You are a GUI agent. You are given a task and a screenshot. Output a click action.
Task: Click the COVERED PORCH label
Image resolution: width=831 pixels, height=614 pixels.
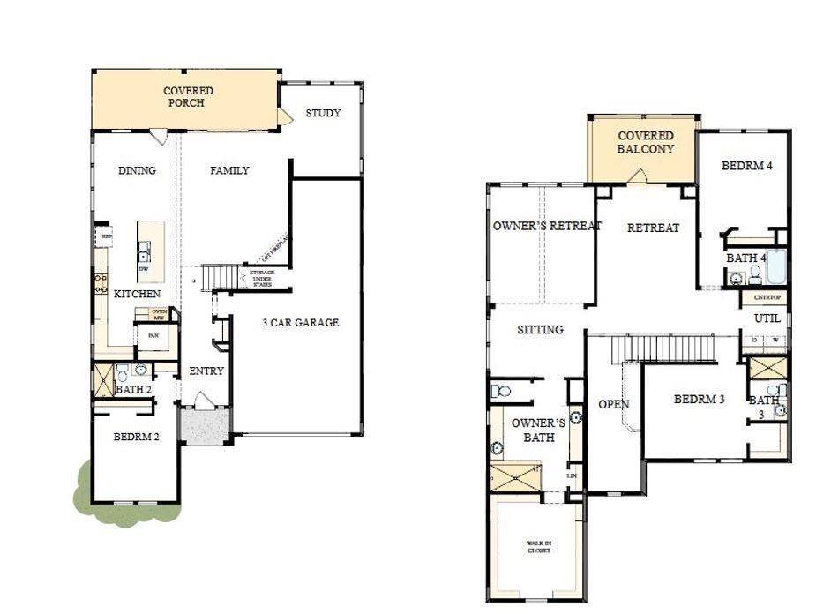pos(188,97)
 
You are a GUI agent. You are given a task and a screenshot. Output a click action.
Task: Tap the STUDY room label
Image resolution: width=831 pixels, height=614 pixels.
pos(323,114)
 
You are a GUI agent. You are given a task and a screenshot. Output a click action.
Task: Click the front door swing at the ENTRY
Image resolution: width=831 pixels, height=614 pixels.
pos(205,401)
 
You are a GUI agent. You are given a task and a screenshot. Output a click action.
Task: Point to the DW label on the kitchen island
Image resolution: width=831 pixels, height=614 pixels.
pos(143,268)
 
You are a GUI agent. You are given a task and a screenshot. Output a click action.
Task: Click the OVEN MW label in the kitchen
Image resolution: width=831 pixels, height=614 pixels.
pos(159,314)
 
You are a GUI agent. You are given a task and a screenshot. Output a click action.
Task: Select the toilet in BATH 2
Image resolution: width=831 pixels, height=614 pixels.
pos(123,371)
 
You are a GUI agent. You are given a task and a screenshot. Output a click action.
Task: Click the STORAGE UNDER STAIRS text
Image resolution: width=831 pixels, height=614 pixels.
pos(262,279)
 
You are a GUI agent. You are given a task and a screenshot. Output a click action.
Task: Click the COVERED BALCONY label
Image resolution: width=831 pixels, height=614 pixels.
pos(645,142)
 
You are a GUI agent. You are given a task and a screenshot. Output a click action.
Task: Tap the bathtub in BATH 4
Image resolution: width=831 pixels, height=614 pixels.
pos(776,266)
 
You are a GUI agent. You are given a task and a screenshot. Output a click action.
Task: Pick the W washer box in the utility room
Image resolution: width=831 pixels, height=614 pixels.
pos(776,341)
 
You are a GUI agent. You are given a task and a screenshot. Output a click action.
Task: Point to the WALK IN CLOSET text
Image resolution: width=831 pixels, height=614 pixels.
pos(539,547)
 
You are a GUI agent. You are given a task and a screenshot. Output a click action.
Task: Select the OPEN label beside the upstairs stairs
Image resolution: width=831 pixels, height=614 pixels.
pos(613,405)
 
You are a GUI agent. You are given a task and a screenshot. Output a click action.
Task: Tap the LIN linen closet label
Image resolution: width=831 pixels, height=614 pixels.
pos(572,475)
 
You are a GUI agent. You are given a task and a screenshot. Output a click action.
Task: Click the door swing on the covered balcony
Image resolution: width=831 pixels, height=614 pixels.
pos(637,176)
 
